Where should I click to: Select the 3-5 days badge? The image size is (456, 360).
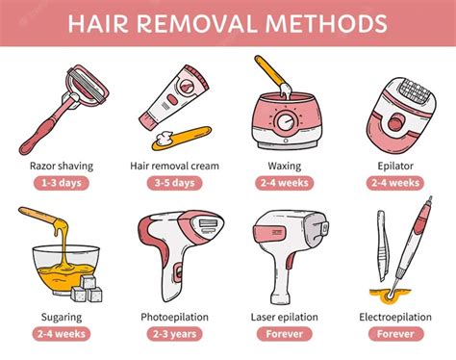174,183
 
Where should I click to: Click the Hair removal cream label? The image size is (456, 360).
174,165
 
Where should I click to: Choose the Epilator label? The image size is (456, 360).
395,165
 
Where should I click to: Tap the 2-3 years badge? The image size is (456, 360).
174,334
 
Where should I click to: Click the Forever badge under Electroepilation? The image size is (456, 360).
395,334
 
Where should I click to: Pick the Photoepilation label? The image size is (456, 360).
174,315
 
